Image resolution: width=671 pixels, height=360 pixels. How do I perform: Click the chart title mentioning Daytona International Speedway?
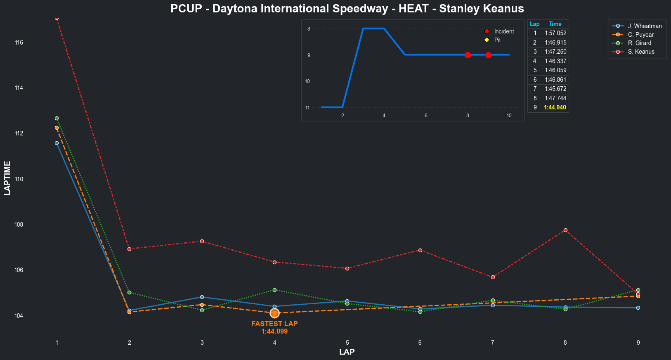click(x=347, y=9)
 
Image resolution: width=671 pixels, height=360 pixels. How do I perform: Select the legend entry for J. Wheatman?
click(x=645, y=26)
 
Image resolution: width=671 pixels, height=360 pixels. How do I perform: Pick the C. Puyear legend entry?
click(x=640, y=35)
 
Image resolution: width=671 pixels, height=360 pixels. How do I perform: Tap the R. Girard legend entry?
click(x=639, y=43)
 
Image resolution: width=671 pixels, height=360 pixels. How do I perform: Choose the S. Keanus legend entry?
click(x=641, y=52)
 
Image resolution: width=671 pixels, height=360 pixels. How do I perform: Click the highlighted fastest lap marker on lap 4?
click(x=274, y=313)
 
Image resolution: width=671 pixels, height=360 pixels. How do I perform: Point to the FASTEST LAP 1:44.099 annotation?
click(x=274, y=327)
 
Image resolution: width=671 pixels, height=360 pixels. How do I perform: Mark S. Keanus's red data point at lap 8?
click(x=565, y=230)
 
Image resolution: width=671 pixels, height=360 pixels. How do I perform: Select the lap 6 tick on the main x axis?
click(x=420, y=343)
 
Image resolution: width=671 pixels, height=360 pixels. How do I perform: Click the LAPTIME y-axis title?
click(x=7, y=178)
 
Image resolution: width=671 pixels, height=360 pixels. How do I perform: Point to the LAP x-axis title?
click(x=347, y=352)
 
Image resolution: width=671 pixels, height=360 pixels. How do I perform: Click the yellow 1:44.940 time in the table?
click(x=555, y=107)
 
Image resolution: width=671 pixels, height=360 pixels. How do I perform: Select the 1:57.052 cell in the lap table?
click(x=555, y=33)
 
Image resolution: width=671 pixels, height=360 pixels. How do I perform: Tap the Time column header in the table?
click(x=555, y=24)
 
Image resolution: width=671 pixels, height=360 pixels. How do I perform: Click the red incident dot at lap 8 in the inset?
click(x=468, y=55)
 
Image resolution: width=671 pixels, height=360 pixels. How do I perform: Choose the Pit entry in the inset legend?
click(x=497, y=40)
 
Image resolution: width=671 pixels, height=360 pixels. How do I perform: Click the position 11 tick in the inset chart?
click(x=307, y=108)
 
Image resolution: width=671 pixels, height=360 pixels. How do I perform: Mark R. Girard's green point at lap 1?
click(x=57, y=118)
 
